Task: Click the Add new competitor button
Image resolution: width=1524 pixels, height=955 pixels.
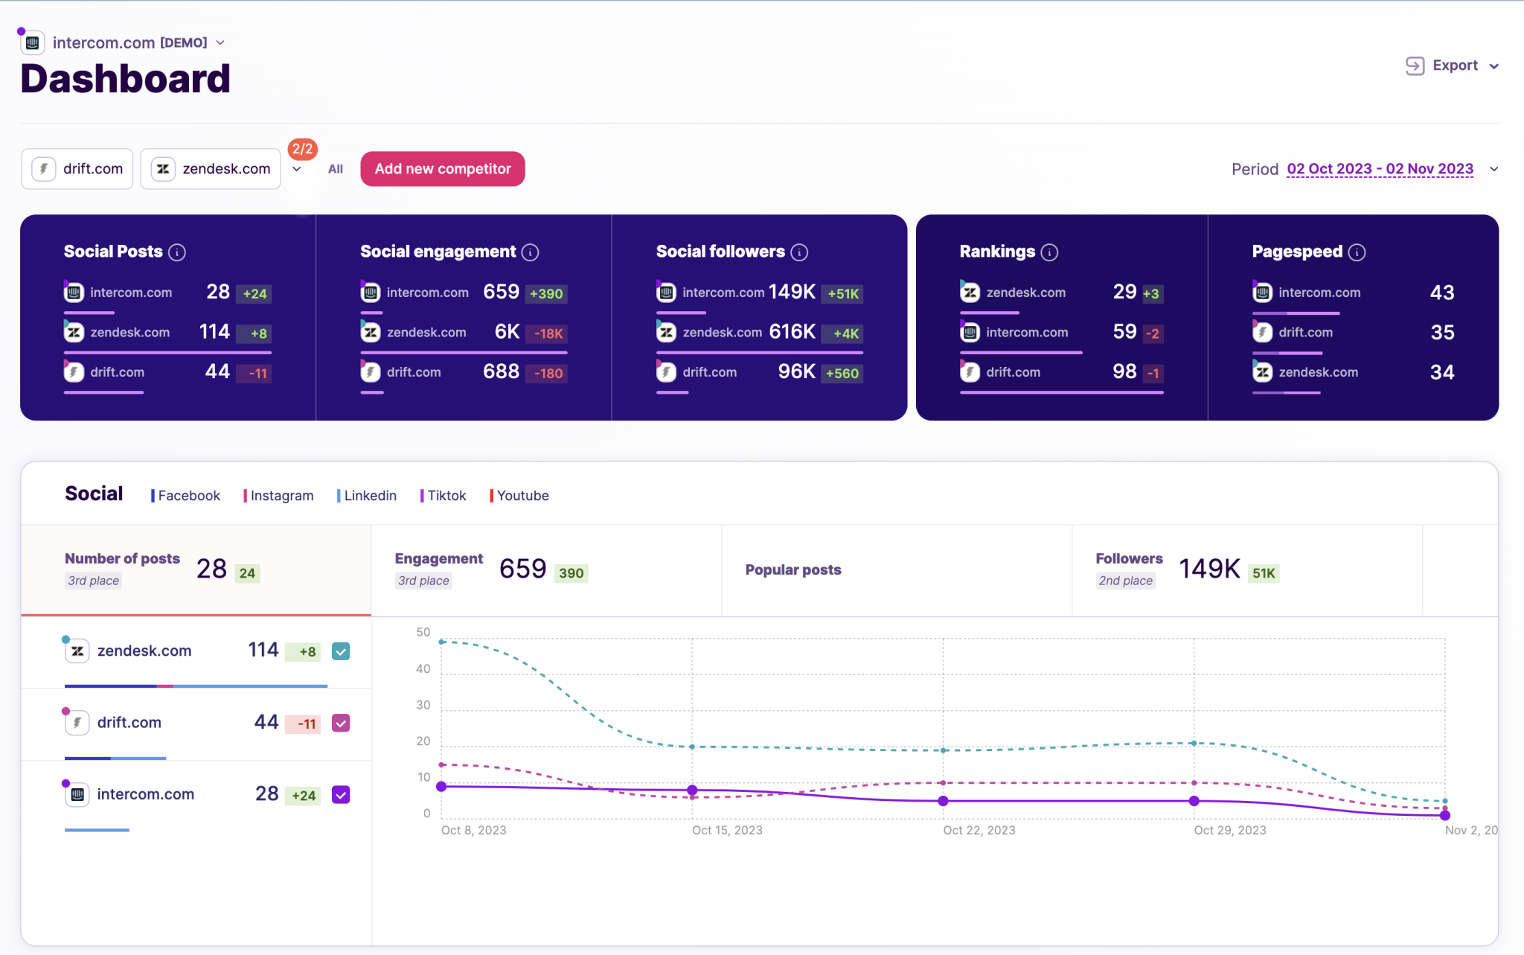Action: coord(442,169)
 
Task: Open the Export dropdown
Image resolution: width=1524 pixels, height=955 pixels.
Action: coord(1452,66)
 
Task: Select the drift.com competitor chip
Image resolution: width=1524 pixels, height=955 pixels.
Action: coord(77,169)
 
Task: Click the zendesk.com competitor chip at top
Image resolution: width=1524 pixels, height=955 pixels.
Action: coord(211,169)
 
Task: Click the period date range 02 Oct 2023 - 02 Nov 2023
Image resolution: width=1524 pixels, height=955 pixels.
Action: coord(1380,169)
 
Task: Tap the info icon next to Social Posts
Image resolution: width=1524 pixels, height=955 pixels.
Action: coord(177,252)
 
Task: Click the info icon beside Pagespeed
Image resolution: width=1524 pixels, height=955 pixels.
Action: coord(1357,252)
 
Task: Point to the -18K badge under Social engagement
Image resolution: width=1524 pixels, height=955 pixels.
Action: coord(548,333)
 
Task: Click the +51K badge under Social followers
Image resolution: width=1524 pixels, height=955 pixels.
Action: coord(843,293)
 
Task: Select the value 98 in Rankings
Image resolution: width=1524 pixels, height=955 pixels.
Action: coord(1124,371)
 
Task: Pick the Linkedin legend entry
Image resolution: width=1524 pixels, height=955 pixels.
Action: coord(368,496)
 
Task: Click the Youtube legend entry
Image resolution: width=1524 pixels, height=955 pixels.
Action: coord(520,496)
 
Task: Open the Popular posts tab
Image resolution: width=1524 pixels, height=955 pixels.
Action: coord(793,570)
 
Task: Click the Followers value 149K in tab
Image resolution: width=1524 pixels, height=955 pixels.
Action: coord(1209,569)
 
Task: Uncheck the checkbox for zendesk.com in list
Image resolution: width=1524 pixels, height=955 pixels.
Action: coord(341,651)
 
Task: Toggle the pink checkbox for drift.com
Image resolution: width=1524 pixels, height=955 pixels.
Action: coord(341,723)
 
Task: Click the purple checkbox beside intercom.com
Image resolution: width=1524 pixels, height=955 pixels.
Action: coord(341,795)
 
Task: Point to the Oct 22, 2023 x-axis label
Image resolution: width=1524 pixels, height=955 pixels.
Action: coord(979,830)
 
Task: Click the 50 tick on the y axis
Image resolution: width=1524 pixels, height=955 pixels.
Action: coord(423,632)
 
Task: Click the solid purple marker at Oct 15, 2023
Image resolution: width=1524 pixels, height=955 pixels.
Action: coord(692,790)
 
